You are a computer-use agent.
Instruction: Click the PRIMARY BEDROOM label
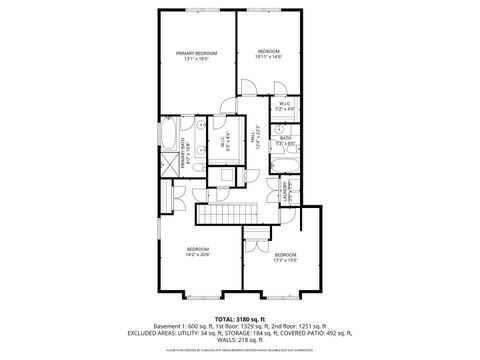(x=196, y=55)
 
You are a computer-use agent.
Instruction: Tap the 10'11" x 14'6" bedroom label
(x=269, y=54)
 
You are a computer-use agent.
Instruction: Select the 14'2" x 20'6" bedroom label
(x=198, y=251)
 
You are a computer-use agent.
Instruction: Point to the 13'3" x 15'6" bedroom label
(x=286, y=257)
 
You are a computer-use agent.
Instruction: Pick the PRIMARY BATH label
(x=185, y=152)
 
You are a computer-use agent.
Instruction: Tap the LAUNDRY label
(x=286, y=189)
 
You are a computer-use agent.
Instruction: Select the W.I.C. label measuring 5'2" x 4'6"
(x=285, y=105)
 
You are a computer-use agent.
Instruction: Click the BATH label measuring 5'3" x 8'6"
(x=285, y=141)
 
